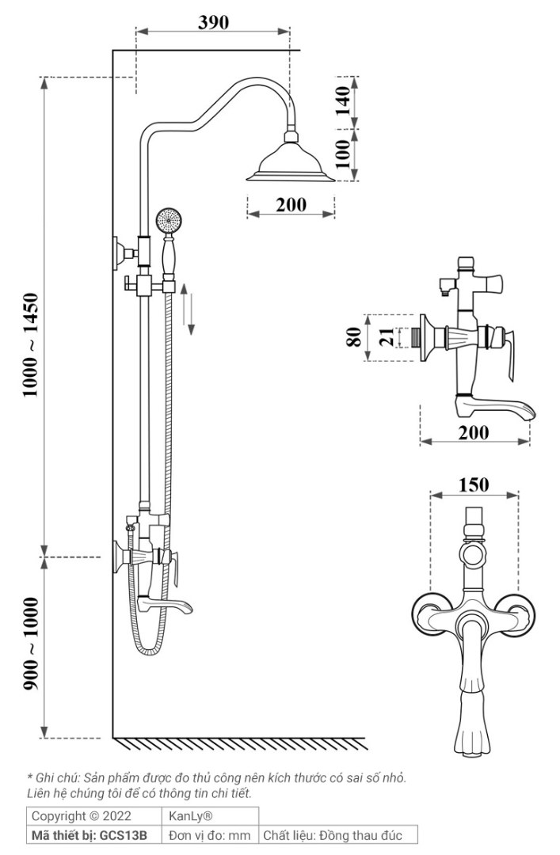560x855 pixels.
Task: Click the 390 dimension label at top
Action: click(213, 22)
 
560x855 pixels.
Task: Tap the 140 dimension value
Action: click(343, 101)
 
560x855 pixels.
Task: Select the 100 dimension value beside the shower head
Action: click(343, 154)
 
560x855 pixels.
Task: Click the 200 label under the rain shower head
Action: click(291, 205)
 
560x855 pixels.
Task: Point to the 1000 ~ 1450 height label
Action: click(31, 344)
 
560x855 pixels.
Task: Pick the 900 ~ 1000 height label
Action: click(31, 644)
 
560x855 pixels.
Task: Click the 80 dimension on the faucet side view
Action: click(354, 337)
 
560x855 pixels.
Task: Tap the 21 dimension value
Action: click(387, 337)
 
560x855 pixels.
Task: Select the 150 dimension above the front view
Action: click(473, 484)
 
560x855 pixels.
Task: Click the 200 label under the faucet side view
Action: click(473, 432)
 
